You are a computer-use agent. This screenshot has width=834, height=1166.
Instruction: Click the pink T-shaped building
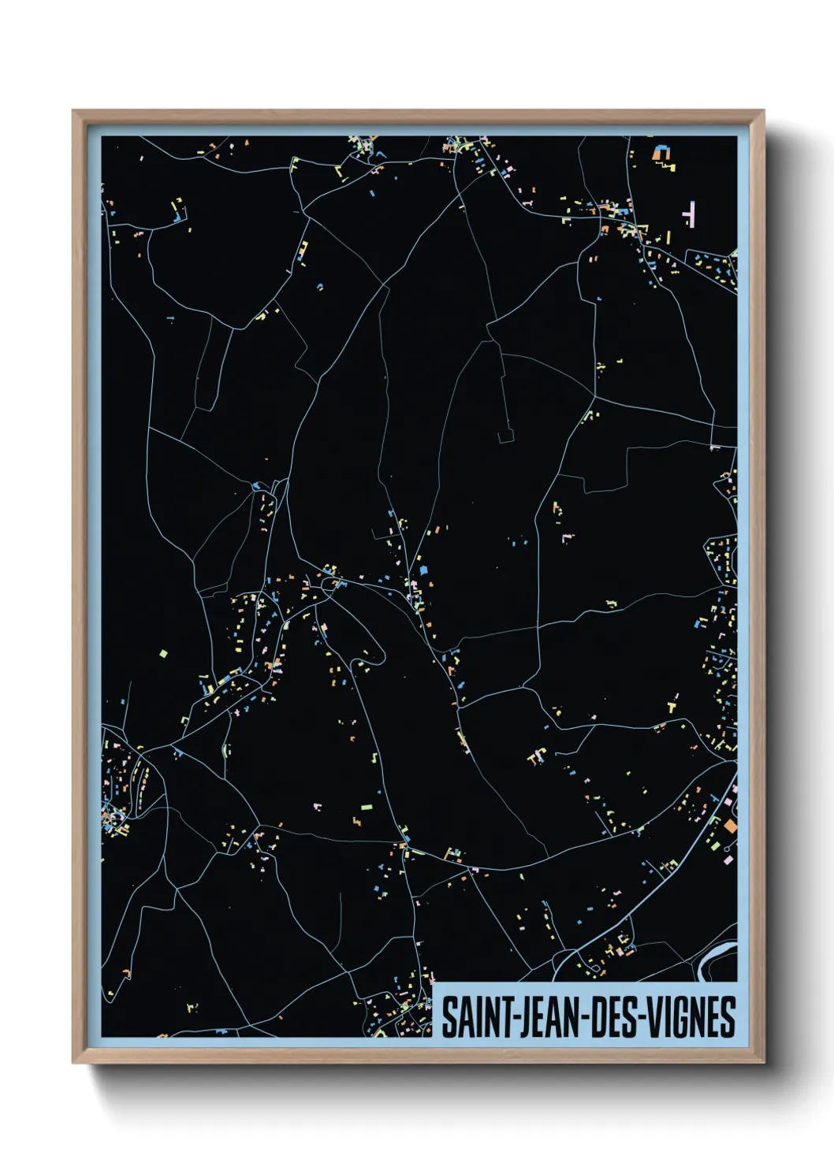pyautogui.click(x=691, y=214)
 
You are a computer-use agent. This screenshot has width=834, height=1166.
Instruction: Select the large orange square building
pyautogui.click(x=730, y=826)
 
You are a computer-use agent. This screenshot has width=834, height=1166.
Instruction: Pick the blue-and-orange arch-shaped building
pyautogui.click(x=661, y=152)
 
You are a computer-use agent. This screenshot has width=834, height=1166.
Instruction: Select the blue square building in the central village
pyautogui.click(x=423, y=568)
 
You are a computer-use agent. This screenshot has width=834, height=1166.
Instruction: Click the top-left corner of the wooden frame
pyautogui.click(x=73, y=111)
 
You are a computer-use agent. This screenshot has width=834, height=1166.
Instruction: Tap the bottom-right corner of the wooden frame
pyautogui.click(x=763, y=1062)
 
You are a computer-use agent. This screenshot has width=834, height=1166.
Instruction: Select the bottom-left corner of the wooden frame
pyautogui.click(x=73, y=1062)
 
